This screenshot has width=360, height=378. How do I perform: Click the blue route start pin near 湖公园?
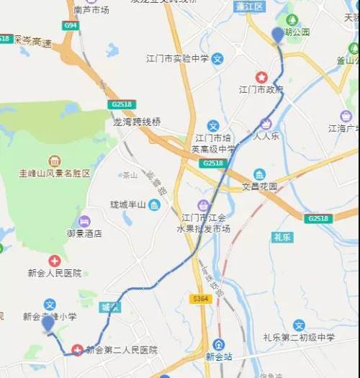coord(278,35)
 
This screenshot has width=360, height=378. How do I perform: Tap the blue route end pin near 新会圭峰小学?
coord(48,324)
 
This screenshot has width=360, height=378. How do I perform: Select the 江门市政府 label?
coord(261,90)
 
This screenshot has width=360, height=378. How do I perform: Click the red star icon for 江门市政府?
coord(261,77)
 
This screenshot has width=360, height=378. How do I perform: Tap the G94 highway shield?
coord(70,25)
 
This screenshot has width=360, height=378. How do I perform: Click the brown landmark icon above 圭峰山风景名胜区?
coord(55,161)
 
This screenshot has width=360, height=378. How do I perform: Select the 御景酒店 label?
coord(84,233)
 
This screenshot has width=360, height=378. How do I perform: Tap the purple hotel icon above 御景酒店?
coord(84,220)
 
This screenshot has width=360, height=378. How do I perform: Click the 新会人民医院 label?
coord(54,274)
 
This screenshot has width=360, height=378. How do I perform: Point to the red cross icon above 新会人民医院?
coord(55,261)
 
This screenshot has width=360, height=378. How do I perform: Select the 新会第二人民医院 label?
coord(121,350)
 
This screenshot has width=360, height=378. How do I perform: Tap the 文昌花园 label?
coord(259,186)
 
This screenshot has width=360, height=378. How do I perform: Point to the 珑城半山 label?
coord(129,205)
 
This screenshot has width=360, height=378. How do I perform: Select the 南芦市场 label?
coord(91,10)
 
